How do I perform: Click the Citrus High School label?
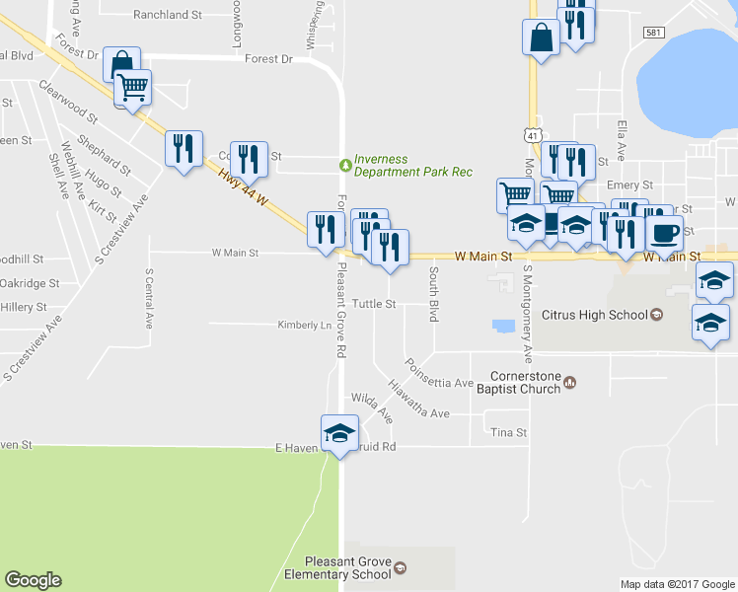(595, 316)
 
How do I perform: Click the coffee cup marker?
(664, 234)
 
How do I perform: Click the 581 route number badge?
(653, 33)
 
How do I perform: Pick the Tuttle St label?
(374, 304)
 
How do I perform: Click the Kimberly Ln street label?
(302, 325)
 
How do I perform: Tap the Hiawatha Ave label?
(418, 400)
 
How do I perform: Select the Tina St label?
(509, 432)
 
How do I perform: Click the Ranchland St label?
(168, 15)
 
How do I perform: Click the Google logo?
(34, 580)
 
